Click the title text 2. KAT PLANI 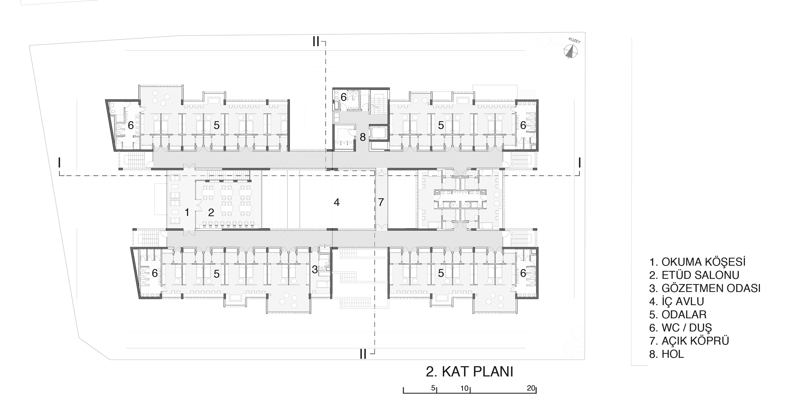pyautogui.click(x=469, y=372)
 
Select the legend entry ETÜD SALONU pyautogui.click(x=694, y=275)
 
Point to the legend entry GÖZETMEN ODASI pyautogui.click(x=705, y=288)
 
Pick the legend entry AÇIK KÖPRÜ pyautogui.click(x=689, y=341)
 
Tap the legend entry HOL pyautogui.click(x=667, y=354)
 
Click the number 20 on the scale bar pyautogui.click(x=531, y=388)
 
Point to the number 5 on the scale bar pyautogui.click(x=433, y=388)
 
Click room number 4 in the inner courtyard pyautogui.click(x=337, y=202)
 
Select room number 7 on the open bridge pyautogui.click(x=381, y=202)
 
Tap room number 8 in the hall pyautogui.click(x=363, y=137)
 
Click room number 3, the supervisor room pyautogui.click(x=314, y=270)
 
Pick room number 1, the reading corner pyautogui.click(x=187, y=212)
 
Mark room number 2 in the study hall pyautogui.click(x=211, y=212)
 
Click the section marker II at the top pyautogui.click(x=316, y=41)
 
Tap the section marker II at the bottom pyautogui.click(x=363, y=354)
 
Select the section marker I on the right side pyautogui.click(x=579, y=163)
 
